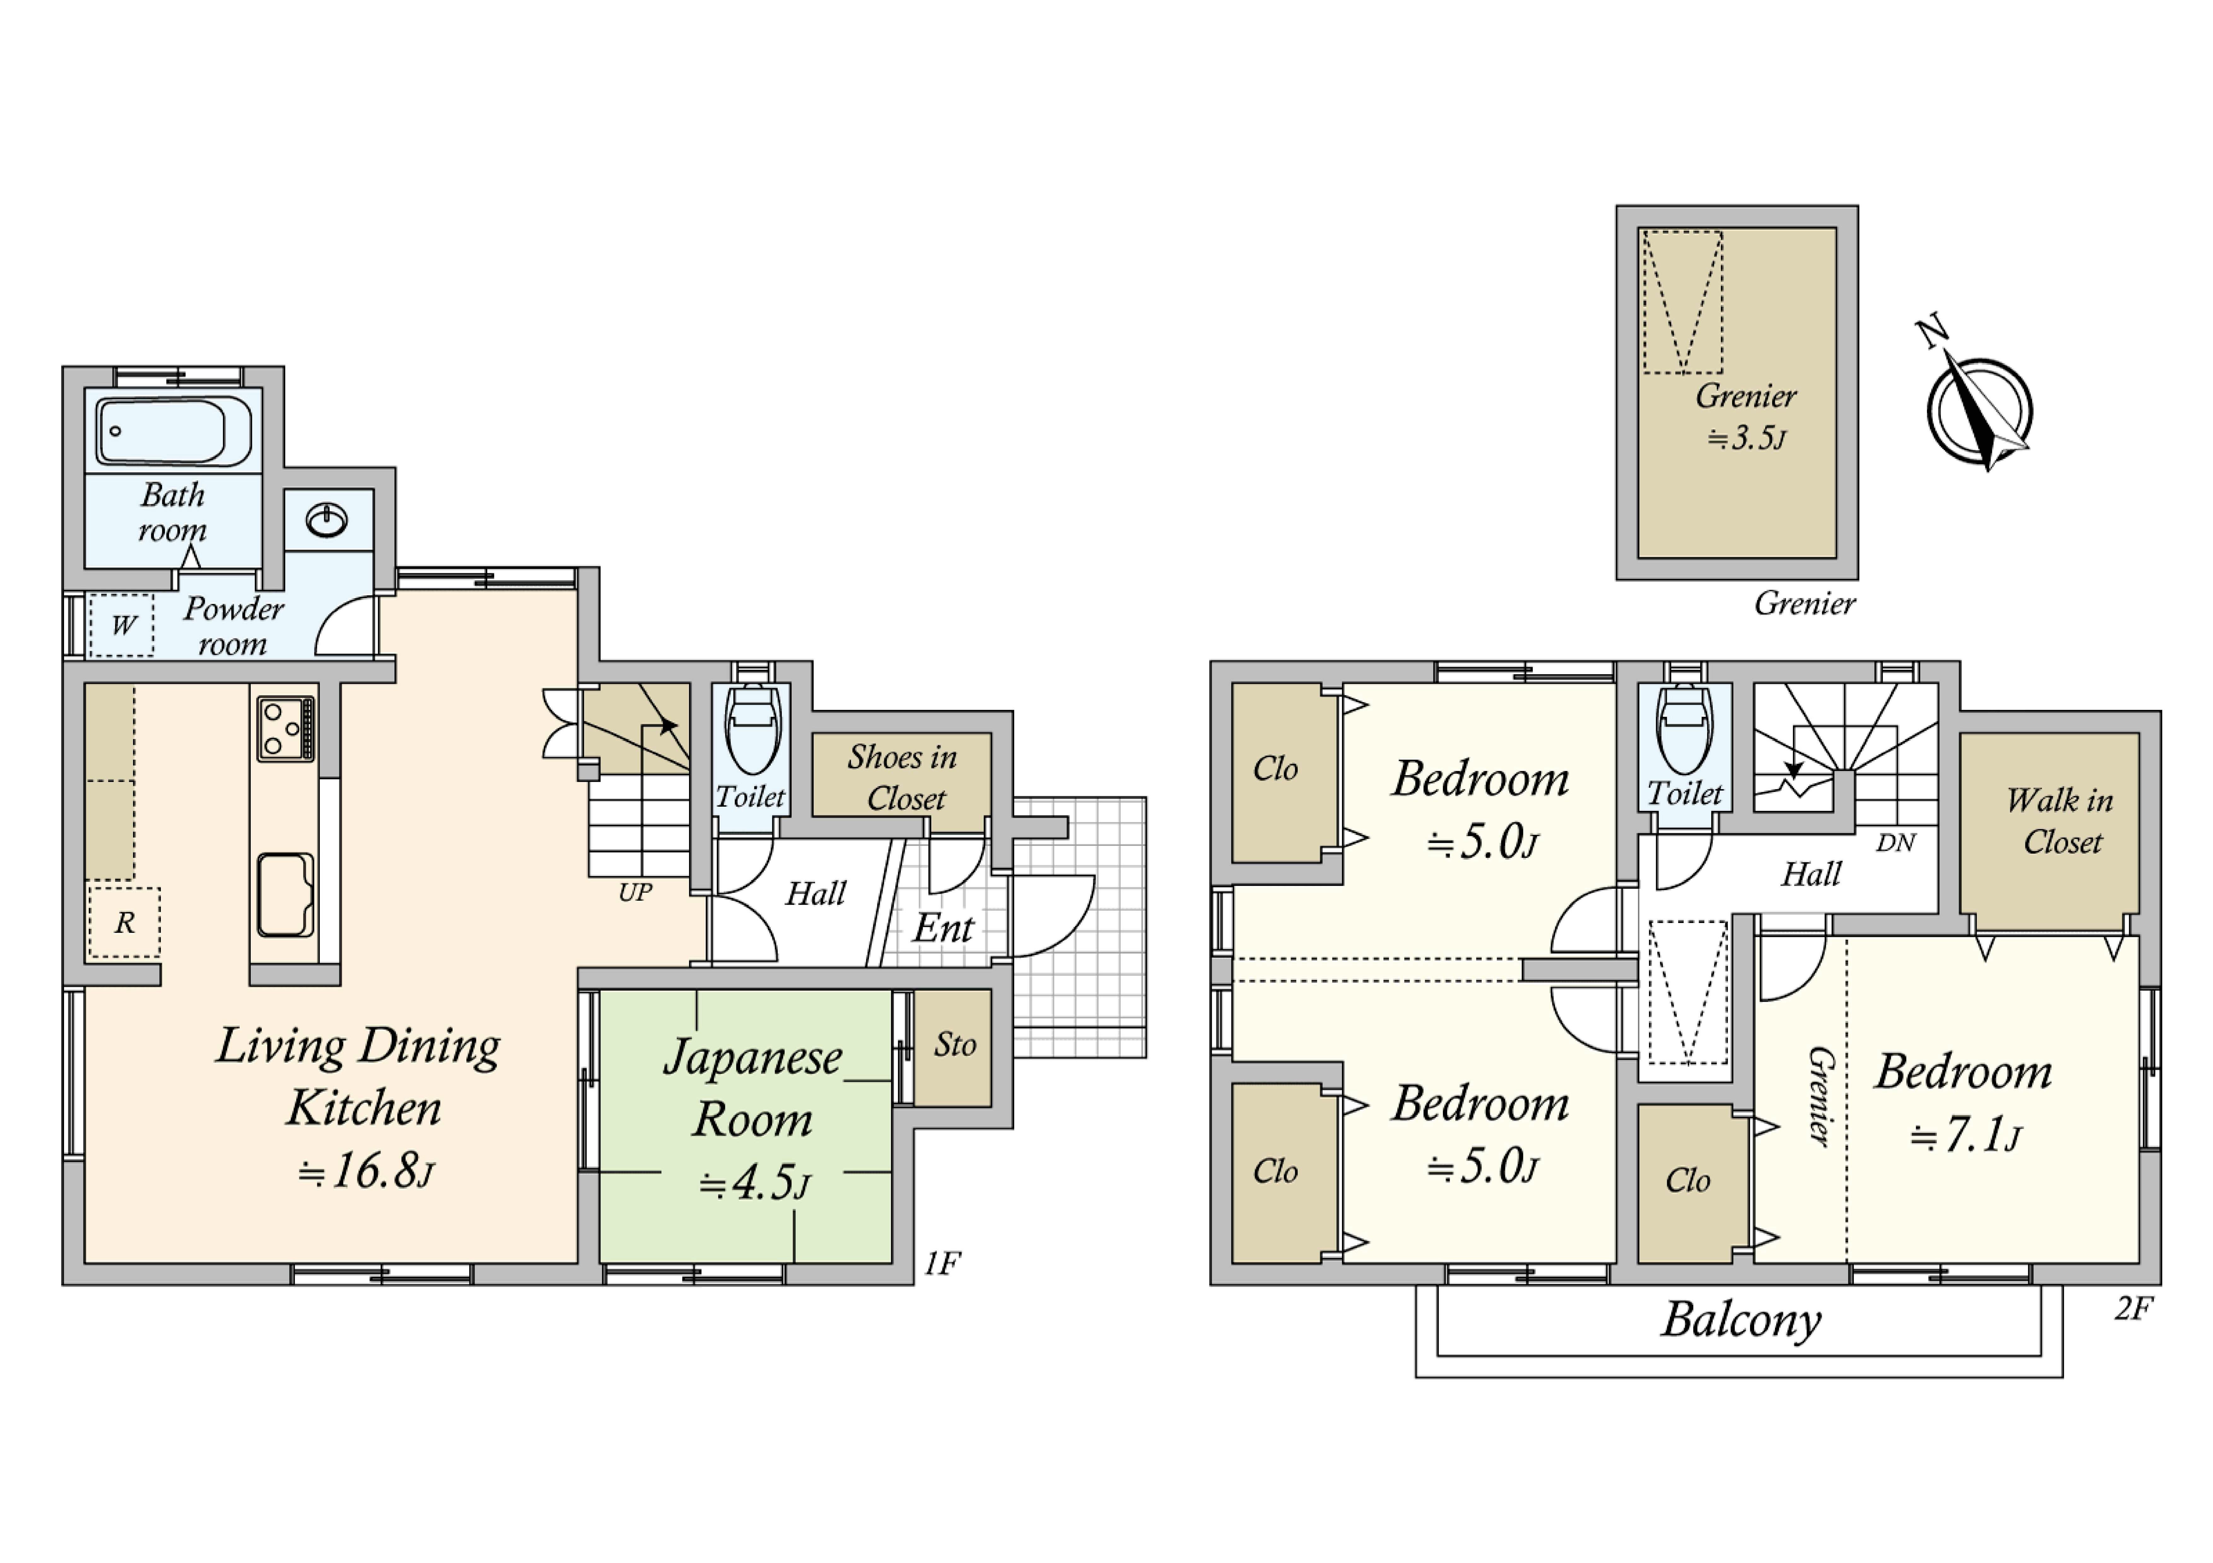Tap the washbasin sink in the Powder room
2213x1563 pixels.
tap(327, 520)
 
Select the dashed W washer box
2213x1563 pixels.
tap(121, 625)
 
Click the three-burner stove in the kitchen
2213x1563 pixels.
tap(285, 729)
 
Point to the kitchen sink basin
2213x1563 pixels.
tap(285, 895)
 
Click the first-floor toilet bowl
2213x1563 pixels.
tap(752, 729)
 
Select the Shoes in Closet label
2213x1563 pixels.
tap(903, 778)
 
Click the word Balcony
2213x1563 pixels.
tap(1741, 1321)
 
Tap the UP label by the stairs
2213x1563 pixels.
tap(635, 893)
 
